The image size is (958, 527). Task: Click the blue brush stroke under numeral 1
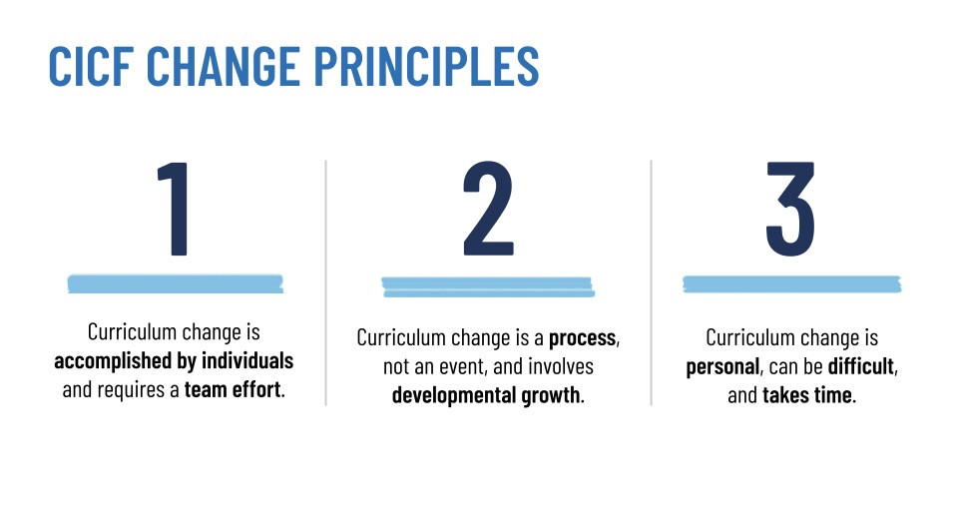(175, 283)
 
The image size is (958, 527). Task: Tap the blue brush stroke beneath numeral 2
(488, 287)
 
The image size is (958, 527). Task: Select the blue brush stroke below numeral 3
(790, 284)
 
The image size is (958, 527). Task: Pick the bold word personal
(720, 367)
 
